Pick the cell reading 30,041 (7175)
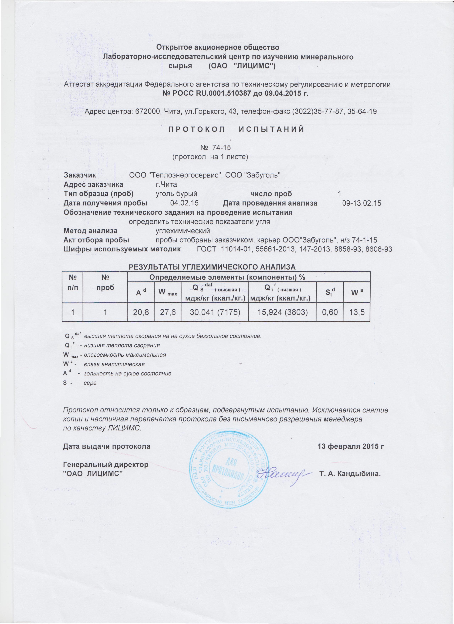(215, 313)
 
